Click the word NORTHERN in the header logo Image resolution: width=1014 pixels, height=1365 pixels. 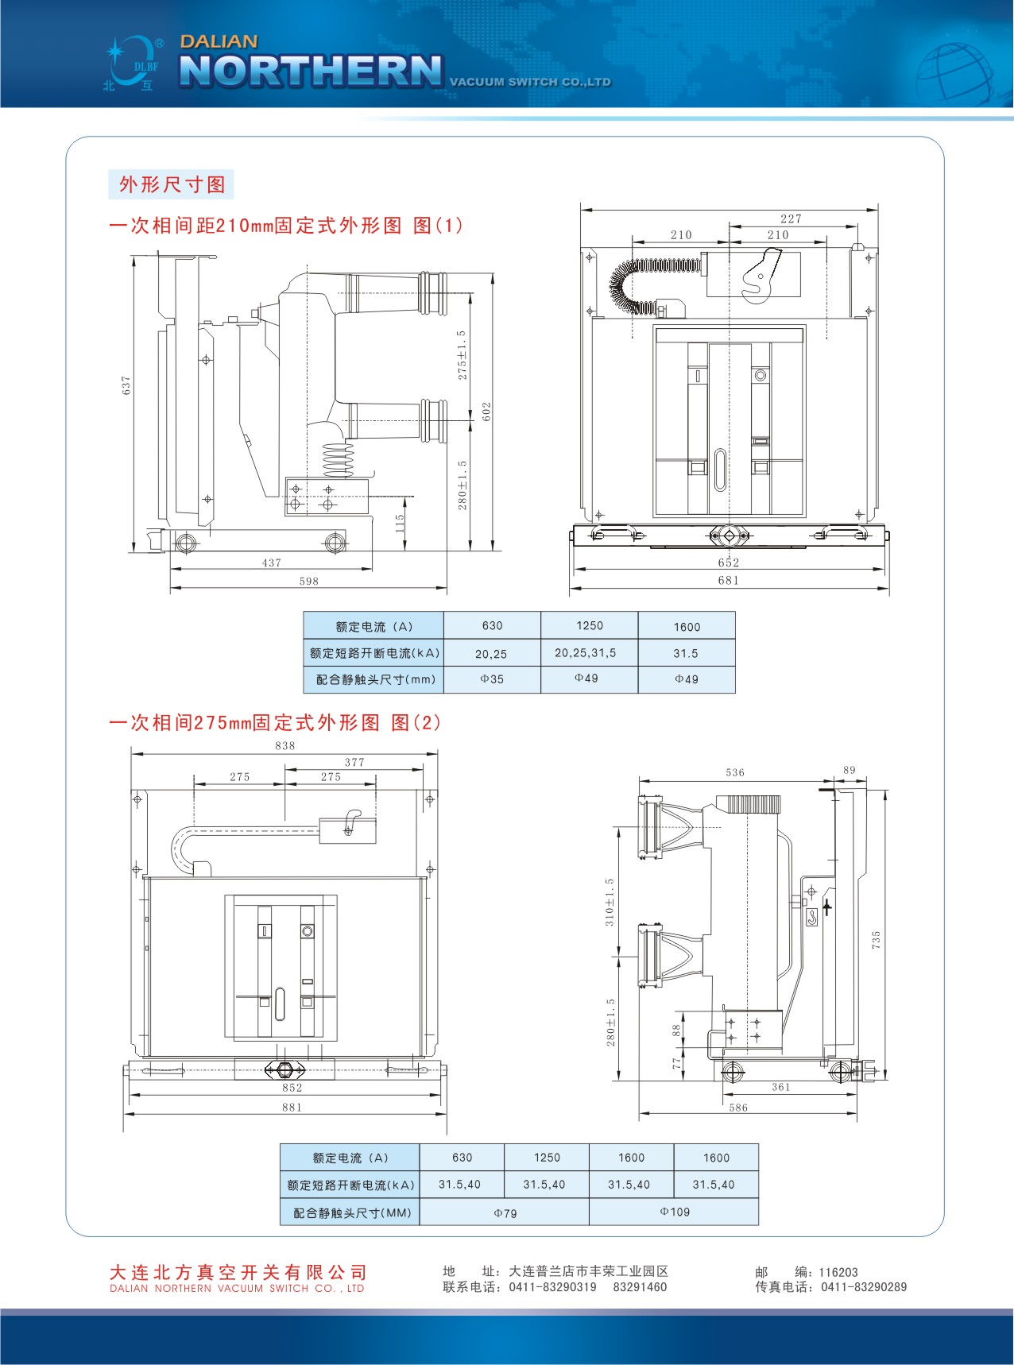tap(311, 71)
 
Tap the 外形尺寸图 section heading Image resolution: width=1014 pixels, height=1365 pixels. tap(172, 185)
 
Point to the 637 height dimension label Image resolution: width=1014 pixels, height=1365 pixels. tap(126, 385)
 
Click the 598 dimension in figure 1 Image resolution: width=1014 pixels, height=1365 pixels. tap(309, 582)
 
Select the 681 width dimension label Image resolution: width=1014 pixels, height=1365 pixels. tap(729, 581)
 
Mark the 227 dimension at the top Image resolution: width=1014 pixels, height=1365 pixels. tap(791, 218)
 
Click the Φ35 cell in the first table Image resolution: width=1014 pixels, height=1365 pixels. tap(492, 679)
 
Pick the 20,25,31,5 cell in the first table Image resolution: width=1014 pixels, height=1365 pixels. tap(586, 653)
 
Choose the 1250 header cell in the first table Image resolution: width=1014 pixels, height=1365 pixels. tap(590, 626)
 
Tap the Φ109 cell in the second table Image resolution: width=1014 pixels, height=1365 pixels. tap(675, 1212)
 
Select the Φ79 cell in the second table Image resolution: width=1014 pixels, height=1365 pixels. tap(505, 1213)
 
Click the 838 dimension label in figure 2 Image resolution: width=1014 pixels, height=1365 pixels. tap(285, 746)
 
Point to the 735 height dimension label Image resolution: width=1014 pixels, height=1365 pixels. tap(877, 940)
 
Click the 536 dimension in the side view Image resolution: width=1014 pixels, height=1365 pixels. tap(735, 772)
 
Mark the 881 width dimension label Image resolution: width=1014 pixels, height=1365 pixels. tap(292, 1108)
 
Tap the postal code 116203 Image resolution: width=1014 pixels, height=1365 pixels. tap(838, 1272)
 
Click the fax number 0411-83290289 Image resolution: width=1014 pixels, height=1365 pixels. tap(864, 1287)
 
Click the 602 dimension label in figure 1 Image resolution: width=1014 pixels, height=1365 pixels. tap(487, 411)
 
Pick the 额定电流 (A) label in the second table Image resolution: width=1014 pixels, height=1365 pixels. tap(350, 1158)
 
